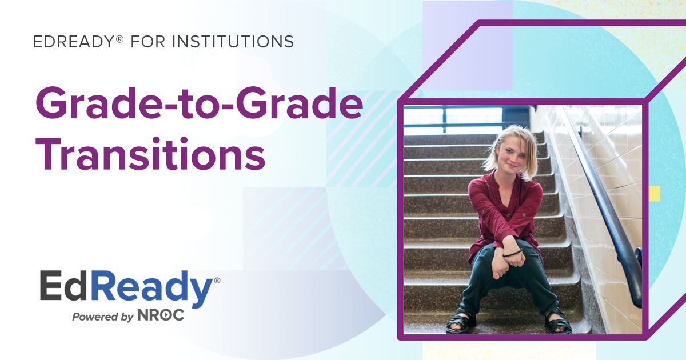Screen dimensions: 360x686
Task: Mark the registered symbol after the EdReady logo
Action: tap(217, 281)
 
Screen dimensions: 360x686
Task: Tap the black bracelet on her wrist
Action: tap(513, 252)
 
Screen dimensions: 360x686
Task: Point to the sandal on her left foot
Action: tap(557, 323)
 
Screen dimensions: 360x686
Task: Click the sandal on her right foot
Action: tap(461, 323)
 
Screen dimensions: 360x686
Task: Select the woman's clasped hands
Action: tap(503, 260)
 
